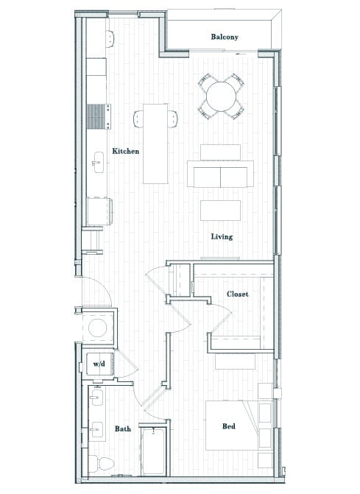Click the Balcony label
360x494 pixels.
pyautogui.click(x=224, y=37)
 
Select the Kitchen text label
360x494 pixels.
pyautogui.click(x=125, y=151)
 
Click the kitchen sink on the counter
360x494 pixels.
pyautogui.click(x=98, y=163)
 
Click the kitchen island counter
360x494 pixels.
pyautogui.click(x=155, y=143)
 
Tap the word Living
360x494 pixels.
pyautogui.click(x=222, y=236)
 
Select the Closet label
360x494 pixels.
pyautogui.click(x=237, y=294)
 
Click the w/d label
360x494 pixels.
pyautogui.click(x=98, y=364)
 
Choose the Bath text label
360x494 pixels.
pyautogui.click(x=123, y=428)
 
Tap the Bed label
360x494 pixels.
pyautogui.click(x=229, y=426)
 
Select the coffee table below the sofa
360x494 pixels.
pyautogui.click(x=220, y=210)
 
